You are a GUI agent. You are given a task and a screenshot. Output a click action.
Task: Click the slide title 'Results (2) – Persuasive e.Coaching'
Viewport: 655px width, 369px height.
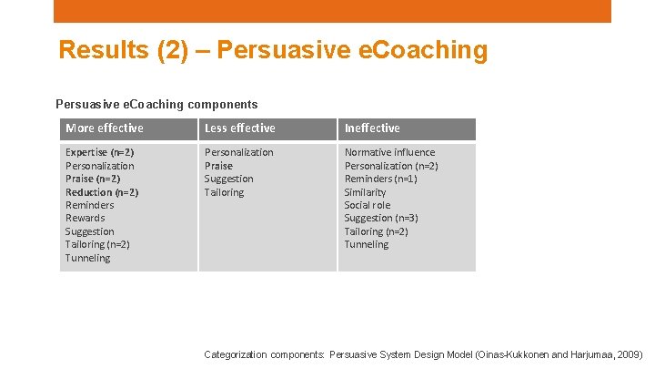click(x=273, y=50)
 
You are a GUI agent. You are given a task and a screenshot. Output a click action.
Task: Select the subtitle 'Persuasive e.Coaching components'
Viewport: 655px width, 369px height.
click(x=156, y=105)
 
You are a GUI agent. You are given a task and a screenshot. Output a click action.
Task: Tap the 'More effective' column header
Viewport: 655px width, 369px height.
click(x=104, y=128)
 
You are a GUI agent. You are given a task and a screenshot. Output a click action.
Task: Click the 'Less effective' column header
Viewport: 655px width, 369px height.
click(x=239, y=128)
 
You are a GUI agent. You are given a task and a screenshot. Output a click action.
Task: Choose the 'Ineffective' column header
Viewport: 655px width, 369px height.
click(x=372, y=128)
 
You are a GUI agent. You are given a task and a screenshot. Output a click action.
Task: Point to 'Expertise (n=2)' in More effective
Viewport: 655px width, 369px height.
click(x=99, y=152)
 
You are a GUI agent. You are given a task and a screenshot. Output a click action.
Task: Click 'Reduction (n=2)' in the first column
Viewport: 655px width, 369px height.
click(x=101, y=192)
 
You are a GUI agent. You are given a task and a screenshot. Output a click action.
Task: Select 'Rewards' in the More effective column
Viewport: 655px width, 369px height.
click(x=85, y=218)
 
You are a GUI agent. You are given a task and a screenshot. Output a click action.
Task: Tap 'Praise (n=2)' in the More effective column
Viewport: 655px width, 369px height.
click(x=92, y=179)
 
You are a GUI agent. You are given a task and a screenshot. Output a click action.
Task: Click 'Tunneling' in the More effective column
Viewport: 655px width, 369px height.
click(x=87, y=258)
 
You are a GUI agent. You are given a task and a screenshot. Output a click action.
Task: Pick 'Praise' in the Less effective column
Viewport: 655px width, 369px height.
click(x=218, y=166)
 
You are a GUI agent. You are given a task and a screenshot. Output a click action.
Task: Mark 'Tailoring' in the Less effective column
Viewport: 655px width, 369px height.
click(x=224, y=192)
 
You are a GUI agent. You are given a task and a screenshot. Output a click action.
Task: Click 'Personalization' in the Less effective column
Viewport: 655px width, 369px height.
click(x=238, y=152)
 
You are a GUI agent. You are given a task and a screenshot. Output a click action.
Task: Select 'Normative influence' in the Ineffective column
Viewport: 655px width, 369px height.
click(x=389, y=152)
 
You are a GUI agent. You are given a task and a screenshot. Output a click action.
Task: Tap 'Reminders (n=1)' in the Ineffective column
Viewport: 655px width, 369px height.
click(x=380, y=179)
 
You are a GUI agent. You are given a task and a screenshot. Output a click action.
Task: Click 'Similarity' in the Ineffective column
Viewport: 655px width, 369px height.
click(x=365, y=192)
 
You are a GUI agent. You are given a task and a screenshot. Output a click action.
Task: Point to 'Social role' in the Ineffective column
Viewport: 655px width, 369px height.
click(x=367, y=205)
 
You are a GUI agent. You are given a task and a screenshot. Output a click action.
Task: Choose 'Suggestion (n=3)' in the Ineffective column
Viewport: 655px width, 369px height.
click(x=381, y=218)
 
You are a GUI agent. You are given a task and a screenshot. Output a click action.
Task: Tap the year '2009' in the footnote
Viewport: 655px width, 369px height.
click(x=627, y=354)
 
